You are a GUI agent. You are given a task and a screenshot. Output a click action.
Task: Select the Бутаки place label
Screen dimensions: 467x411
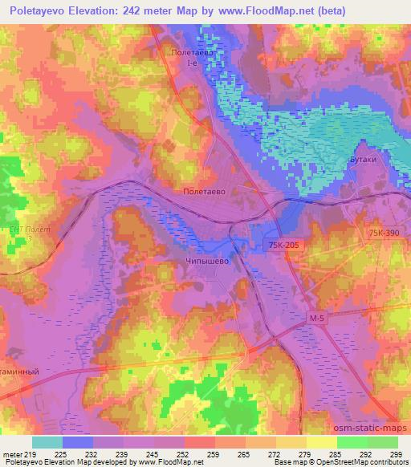tap(364, 160)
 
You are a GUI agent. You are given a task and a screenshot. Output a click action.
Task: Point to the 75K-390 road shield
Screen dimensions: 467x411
tap(384, 232)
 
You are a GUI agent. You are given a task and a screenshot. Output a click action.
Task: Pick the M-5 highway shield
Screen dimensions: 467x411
tap(319, 319)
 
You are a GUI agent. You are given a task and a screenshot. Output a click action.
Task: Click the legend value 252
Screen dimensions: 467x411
tap(184, 455)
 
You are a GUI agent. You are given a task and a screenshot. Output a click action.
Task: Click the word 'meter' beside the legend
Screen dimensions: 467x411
tap(13, 455)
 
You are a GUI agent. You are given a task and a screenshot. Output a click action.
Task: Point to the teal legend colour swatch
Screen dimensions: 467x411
tap(47, 442)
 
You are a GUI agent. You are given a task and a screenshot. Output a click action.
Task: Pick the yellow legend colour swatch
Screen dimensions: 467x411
tap(322, 442)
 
